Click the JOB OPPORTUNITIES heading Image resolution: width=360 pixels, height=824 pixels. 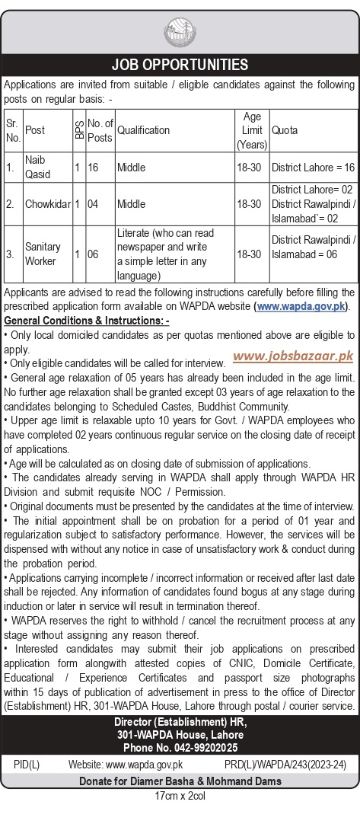point(180,65)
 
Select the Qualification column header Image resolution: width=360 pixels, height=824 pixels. point(144,130)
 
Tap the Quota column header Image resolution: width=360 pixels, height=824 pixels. point(285,130)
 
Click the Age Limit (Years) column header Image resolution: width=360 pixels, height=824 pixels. point(252,130)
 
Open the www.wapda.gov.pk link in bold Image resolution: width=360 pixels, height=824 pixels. point(301,306)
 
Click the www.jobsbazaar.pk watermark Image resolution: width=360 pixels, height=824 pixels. point(293,355)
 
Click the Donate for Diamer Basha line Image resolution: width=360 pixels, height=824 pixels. point(180,781)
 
